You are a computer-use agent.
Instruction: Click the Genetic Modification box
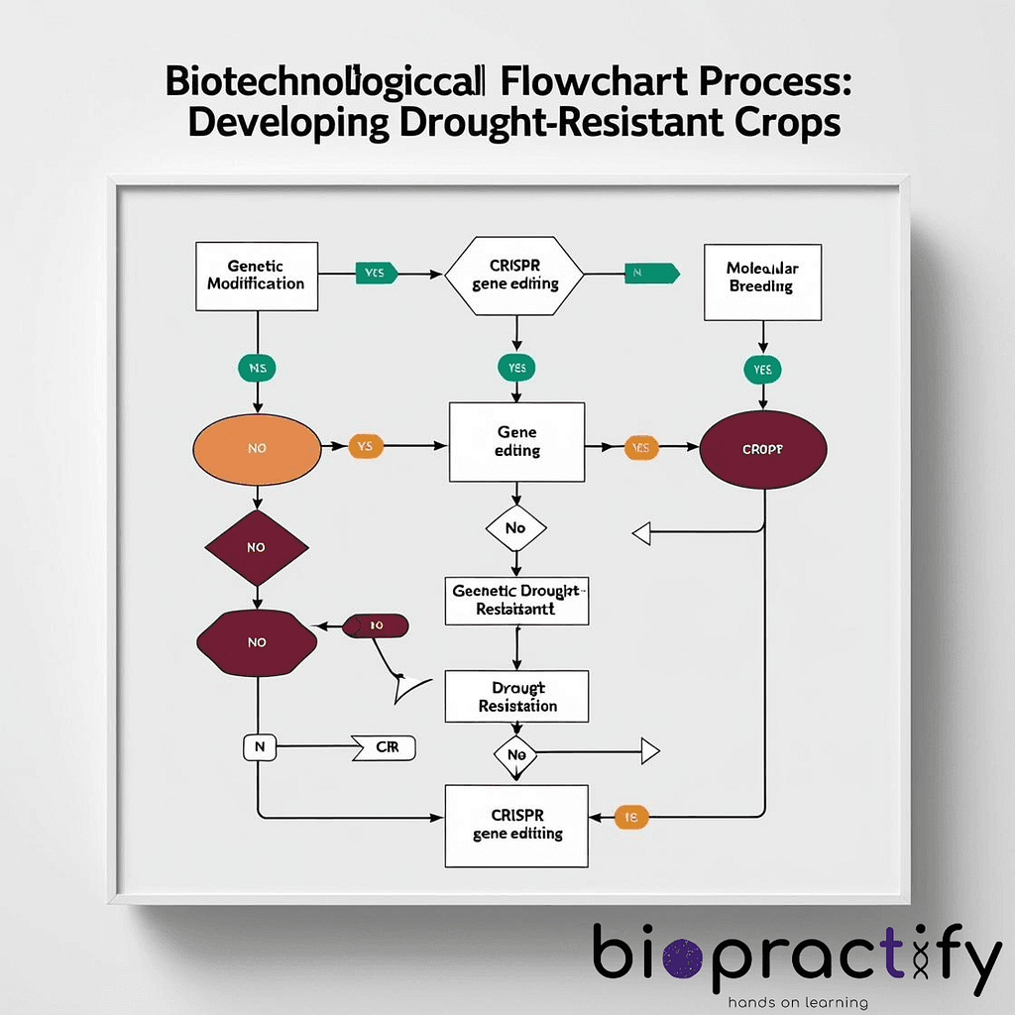(257, 275)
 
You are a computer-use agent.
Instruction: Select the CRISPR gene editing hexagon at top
(514, 275)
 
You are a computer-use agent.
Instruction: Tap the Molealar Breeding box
(761, 282)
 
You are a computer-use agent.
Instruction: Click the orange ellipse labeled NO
(257, 448)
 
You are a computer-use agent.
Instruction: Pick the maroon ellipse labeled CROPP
(762, 448)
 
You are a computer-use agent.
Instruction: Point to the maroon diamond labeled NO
(257, 547)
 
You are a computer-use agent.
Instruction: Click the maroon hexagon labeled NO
(257, 642)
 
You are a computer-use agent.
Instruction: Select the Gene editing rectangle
(516, 442)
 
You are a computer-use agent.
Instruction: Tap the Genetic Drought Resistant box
(516, 600)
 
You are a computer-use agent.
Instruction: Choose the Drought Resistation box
(516, 697)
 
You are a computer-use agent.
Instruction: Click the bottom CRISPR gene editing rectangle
(516, 825)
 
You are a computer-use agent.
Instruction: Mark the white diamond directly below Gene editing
(515, 528)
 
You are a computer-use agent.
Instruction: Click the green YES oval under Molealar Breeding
(761, 370)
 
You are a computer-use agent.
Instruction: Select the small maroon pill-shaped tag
(376, 625)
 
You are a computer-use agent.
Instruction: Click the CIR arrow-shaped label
(385, 748)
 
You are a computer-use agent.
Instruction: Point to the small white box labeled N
(258, 748)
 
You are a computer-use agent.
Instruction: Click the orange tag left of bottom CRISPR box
(631, 818)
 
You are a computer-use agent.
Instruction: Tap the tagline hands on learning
(797, 1002)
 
